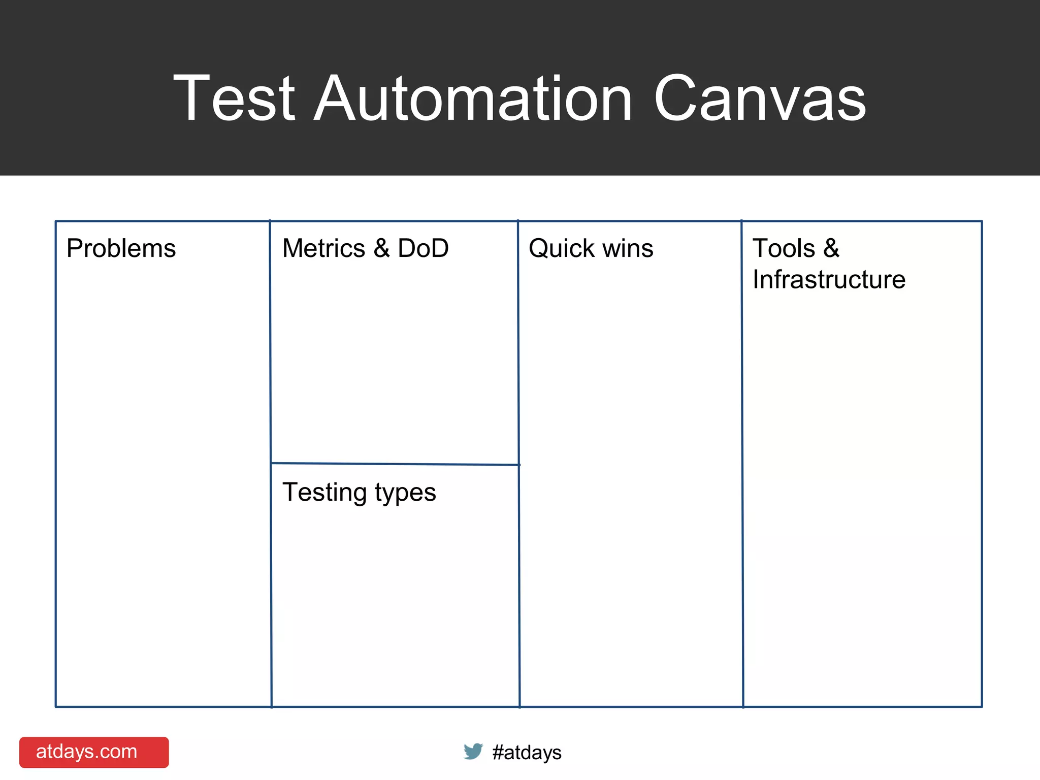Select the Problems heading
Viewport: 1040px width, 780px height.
pos(121,248)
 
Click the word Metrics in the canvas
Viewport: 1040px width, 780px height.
pos(323,248)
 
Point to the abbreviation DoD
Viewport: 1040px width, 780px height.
pos(423,248)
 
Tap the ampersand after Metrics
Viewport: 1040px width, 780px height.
pos(381,248)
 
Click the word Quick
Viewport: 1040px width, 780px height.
pos(561,248)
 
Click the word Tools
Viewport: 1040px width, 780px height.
pos(784,248)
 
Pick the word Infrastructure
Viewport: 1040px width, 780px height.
pos(829,279)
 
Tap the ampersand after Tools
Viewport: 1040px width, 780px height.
pos(831,248)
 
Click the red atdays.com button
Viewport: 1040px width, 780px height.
pos(94,752)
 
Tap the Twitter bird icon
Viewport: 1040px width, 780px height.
pos(473,751)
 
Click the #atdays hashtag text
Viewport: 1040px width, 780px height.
pos(527,752)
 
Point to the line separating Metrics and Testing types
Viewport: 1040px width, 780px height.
pos(395,464)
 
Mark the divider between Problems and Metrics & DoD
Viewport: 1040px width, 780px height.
pos(271,355)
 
